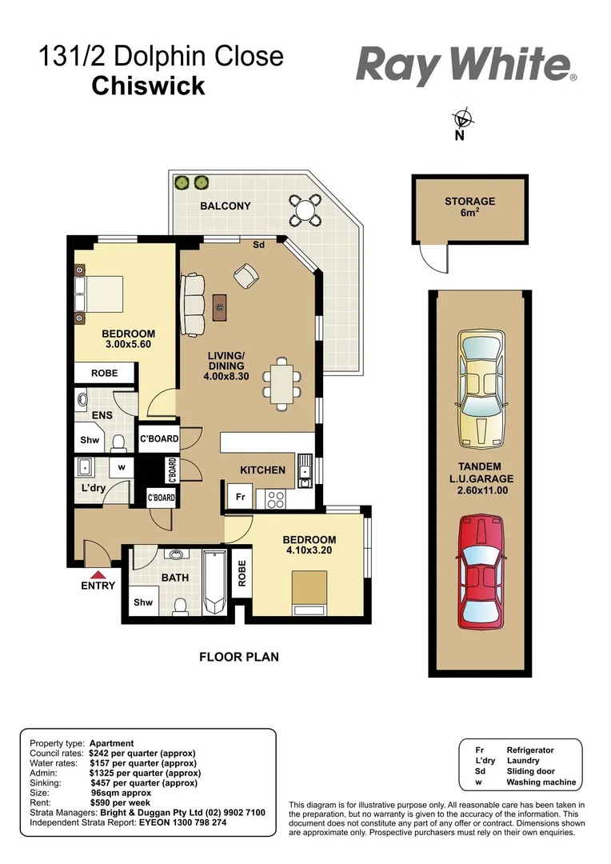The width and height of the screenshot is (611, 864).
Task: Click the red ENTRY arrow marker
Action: point(98,574)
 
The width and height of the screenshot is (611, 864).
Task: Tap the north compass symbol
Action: point(461,120)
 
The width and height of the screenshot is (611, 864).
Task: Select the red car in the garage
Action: point(481,573)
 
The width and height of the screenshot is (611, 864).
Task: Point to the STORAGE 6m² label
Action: point(469,207)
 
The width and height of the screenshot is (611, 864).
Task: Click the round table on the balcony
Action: point(305,209)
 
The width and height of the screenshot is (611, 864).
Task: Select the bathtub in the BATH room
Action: point(214,582)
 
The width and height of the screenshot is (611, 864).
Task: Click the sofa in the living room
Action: point(193,305)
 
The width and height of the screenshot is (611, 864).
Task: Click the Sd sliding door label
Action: point(258,245)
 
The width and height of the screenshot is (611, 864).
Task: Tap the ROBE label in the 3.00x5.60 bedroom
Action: point(105,373)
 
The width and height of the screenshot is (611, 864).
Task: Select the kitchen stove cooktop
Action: point(277,498)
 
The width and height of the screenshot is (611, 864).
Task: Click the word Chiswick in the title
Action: point(149,86)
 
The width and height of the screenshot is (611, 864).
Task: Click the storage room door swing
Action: point(433,258)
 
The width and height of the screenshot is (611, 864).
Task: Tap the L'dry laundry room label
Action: point(93,488)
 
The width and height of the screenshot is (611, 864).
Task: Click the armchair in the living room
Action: point(246,278)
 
